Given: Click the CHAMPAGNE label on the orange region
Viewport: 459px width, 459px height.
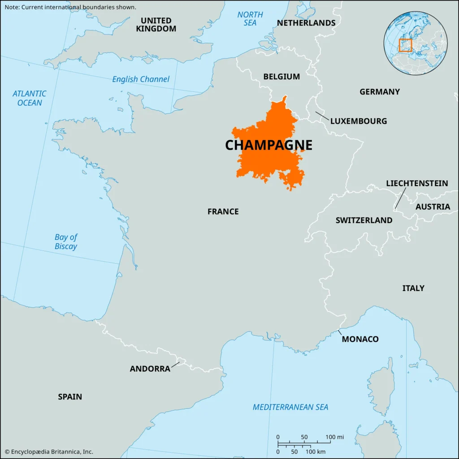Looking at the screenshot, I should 268,145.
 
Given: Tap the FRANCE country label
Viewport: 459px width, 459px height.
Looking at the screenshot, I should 223,212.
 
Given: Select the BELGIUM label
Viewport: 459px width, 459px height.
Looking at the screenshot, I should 281,77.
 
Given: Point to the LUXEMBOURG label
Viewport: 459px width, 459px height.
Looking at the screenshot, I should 358,121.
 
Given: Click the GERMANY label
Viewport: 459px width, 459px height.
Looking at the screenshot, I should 379,92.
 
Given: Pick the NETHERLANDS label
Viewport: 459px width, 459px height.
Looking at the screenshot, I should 306,23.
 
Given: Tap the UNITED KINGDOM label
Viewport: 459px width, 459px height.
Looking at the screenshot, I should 156,25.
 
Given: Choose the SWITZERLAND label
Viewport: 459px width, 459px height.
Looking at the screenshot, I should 364,221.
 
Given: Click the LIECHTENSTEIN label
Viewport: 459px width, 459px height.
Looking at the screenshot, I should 417,183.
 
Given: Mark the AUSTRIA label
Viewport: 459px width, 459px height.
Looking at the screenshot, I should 433,207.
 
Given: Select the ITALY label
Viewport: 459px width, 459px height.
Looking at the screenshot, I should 413,288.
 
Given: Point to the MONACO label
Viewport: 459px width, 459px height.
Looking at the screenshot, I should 360,339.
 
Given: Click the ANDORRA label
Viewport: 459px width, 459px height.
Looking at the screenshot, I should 150,369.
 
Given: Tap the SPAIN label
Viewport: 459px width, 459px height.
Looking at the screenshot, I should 70,397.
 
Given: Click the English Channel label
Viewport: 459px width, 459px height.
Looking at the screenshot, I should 141,79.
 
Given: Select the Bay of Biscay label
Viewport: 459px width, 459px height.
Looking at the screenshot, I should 66,242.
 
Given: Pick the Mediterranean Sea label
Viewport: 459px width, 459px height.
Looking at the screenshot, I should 290,407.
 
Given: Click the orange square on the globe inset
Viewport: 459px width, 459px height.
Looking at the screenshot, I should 405,45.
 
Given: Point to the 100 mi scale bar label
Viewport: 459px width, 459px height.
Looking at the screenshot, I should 334,437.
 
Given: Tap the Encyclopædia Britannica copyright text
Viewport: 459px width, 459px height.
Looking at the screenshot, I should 49,452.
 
